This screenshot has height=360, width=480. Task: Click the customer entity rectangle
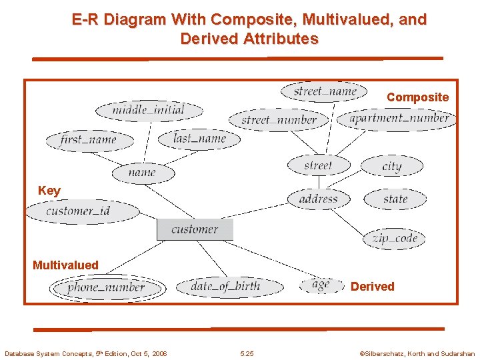[x=195, y=229]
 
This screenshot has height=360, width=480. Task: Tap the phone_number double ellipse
[x=106, y=288]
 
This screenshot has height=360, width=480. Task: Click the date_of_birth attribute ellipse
[x=225, y=287]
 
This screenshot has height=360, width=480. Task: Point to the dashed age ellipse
[x=321, y=285]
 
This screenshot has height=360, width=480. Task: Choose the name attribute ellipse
[x=143, y=173]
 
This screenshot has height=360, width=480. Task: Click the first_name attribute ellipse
[x=89, y=140]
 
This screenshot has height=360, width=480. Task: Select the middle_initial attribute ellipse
[x=149, y=110]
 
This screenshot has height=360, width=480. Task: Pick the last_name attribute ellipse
[x=199, y=139]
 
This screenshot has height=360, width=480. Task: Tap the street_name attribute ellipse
[x=325, y=91]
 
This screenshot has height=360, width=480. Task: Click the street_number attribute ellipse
[x=279, y=120]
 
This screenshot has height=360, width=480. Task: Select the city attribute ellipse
[x=392, y=166]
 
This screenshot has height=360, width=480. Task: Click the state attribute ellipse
[x=395, y=199]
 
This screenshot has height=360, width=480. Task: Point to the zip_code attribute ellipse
[x=395, y=238]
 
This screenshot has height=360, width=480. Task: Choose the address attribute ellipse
[x=319, y=199]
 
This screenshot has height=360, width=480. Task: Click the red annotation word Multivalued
[x=65, y=265]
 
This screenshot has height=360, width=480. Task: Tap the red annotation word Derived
[x=373, y=287]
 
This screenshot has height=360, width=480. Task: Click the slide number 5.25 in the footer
[x=247, y=354]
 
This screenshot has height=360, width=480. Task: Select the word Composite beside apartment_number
[x=418, y=97]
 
